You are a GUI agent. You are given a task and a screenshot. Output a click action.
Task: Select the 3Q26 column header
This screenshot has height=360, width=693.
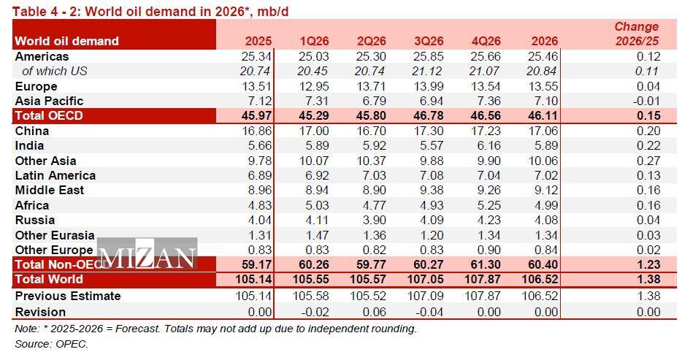coord(429,42)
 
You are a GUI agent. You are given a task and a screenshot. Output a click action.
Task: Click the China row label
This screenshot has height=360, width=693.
coord(32,131)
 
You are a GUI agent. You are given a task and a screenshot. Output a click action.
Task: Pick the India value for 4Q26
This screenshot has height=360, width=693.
coord(486,146)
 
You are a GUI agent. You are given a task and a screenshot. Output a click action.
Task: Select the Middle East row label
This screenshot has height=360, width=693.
coord(50,191)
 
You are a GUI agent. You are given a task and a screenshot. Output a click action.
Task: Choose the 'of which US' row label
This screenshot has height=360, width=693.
coord(55,72)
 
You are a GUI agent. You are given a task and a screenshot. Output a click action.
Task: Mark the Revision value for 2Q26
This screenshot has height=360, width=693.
coord(372,311)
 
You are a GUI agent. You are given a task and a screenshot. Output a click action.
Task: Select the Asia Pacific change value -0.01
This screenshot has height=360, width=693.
coord(646,102)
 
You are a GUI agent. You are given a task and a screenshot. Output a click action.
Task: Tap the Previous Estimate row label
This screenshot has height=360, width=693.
coord(68,296)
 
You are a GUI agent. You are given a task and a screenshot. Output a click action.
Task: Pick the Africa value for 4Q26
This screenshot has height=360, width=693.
coord(486,206)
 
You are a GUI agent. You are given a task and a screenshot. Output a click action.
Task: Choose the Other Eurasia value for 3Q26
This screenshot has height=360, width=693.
coord(429,235)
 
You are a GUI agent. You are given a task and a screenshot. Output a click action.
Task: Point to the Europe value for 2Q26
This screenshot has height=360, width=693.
coord(372,87)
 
